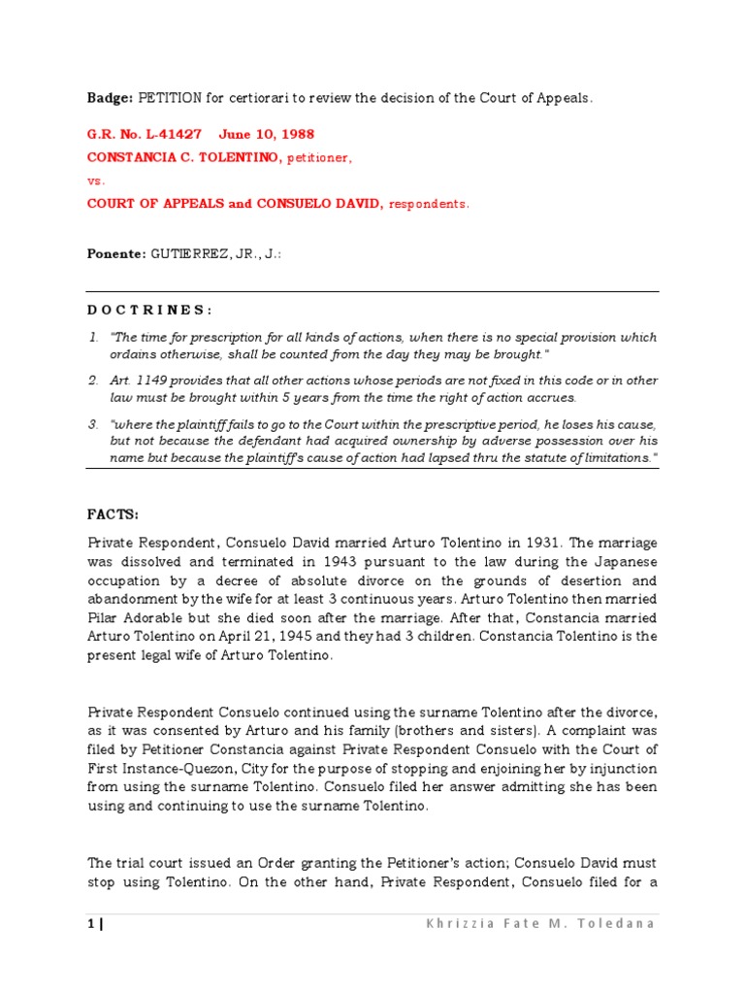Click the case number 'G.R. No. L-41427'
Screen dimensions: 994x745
click(145, 134)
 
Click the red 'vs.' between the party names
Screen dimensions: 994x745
click(96, 181)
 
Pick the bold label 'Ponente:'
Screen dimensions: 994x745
click(115, 252)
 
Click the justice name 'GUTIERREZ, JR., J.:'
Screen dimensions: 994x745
click(216, 252)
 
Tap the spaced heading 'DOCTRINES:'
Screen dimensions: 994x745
click(149, 310)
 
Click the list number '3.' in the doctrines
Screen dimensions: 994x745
click(93, 426)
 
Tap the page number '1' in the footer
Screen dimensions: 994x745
click(90, 923)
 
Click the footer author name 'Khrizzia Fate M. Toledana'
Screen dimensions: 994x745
click(540, 923)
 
